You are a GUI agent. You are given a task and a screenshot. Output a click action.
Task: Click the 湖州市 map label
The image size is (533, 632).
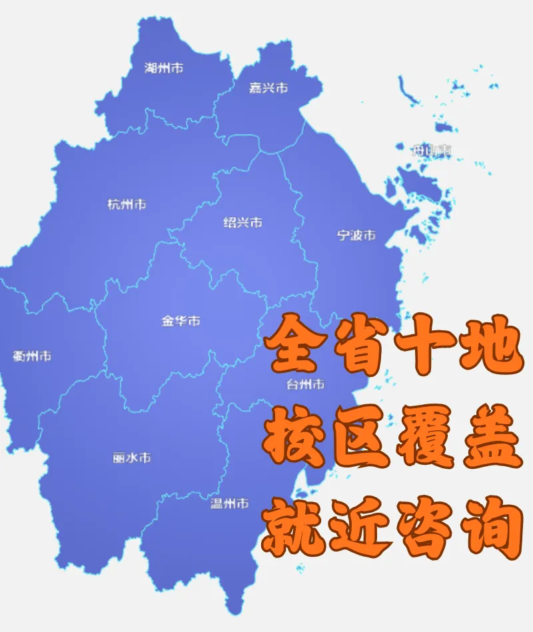click(164, 68)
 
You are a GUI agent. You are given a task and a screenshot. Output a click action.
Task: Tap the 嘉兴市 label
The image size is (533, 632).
click(268, 88)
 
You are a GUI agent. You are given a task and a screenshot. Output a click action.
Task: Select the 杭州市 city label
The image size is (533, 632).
click(127, 204)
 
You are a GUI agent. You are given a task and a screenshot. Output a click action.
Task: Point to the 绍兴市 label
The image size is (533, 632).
click(243, 222)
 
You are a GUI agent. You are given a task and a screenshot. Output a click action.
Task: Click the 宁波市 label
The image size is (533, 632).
click(356, 235)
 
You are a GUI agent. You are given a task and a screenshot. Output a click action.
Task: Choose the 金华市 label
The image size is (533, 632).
click(181, 321)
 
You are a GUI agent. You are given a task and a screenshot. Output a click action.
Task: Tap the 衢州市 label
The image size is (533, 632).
click(31, 356)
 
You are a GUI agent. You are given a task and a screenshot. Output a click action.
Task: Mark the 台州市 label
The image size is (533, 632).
click(305, 384)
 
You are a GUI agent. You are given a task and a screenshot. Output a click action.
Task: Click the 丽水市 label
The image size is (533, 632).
click(132, 458)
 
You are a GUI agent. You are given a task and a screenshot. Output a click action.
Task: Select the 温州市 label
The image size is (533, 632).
click(230, 503)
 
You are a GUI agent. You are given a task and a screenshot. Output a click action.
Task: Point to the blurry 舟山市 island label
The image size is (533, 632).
click(431, 151)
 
